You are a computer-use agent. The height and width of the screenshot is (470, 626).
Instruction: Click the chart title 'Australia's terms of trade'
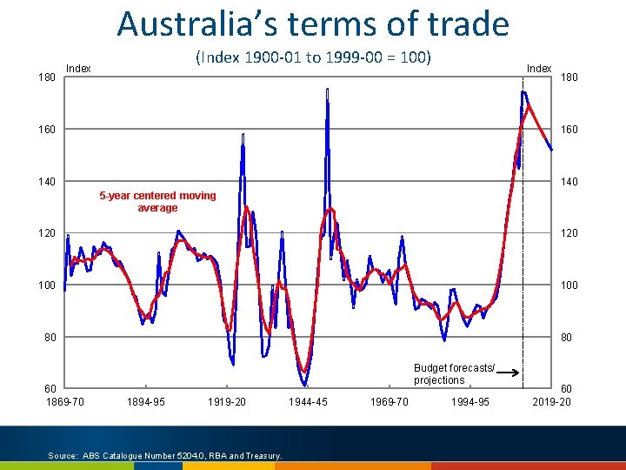click(x=313, y=24)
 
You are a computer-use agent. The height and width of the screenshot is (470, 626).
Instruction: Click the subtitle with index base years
click(x=313, y=57)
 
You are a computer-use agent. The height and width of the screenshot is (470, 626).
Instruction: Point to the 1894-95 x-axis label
click(x=146, y=401)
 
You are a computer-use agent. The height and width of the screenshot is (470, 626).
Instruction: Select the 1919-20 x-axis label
click(x=227, y=401)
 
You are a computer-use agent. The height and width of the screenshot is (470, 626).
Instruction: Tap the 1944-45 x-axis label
click(x=308, y=401)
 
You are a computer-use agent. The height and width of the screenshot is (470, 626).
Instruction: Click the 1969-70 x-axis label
click(x=390, y=401)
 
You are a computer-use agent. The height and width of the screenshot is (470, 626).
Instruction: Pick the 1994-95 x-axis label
click(x=470, y=401)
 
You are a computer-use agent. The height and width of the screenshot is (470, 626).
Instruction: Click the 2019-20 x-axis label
click(x=552, y=401)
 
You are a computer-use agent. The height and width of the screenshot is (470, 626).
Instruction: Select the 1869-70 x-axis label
click(x=65, y=401)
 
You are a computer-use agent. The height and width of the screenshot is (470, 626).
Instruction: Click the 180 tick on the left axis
click(x=47, y=77)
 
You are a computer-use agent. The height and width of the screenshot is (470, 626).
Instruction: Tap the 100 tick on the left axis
click(x=47, y=285)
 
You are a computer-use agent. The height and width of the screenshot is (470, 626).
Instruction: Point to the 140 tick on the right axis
click(x=569, y=181)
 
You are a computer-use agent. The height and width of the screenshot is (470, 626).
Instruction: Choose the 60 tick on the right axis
click(x=567, y=388)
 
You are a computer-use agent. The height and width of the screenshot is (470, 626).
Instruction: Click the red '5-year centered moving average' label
click(x=157, y=201)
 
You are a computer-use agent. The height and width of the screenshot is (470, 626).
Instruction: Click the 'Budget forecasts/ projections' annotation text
click(x=455, y=373)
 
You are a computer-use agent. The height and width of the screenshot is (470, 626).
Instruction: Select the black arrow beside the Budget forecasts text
click(x=508, y=373)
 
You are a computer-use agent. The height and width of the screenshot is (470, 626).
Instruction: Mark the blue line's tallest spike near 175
click(x=328, y=89)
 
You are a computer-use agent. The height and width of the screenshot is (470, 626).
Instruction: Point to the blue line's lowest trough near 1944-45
click(x=305, y=386)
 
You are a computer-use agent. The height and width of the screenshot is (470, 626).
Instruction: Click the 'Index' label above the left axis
click(x=78, y=69)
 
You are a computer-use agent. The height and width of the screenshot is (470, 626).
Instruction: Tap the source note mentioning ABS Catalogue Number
click(x=165, y=455)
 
